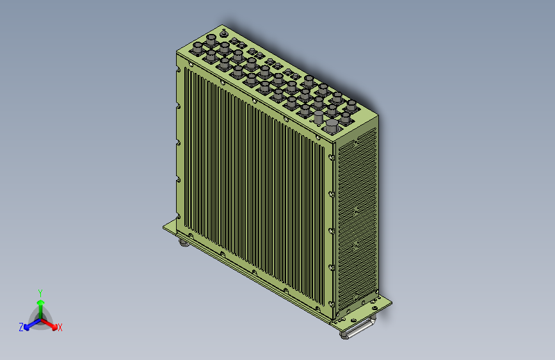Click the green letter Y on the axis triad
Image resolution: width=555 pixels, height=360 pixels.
pos(40,293)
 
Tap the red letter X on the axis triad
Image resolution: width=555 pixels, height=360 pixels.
pos(60,328)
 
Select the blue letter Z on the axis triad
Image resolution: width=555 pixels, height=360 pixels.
pos(21,327)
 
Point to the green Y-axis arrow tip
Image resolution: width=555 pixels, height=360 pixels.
pos(41,302)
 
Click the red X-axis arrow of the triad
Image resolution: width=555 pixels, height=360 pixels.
pos(49,324)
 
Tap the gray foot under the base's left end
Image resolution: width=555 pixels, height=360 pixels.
pos(184,243)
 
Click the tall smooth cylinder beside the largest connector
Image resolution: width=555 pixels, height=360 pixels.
pos(319,117)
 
